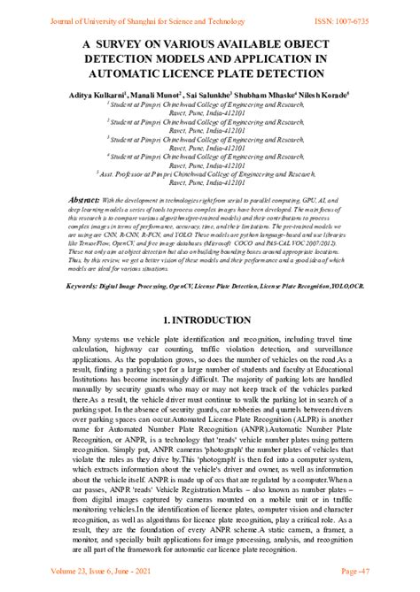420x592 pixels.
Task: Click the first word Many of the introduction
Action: [82, 339]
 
